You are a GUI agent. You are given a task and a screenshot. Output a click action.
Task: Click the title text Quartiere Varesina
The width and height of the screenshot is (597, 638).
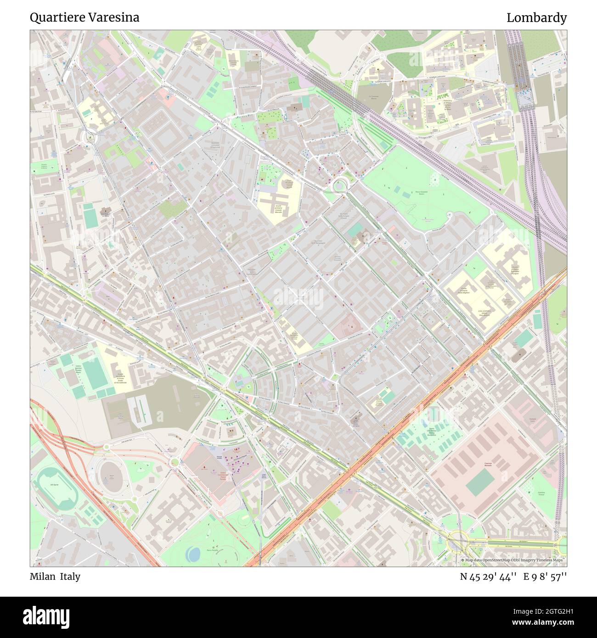84,17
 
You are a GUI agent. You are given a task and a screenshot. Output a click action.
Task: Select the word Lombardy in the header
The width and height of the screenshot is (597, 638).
536,17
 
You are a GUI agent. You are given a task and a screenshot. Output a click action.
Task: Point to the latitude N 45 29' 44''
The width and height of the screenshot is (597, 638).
489,576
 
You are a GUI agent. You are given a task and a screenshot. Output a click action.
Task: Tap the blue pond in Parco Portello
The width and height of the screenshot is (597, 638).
193,554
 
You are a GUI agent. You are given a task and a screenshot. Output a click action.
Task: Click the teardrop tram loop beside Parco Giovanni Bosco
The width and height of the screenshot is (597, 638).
340,185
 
